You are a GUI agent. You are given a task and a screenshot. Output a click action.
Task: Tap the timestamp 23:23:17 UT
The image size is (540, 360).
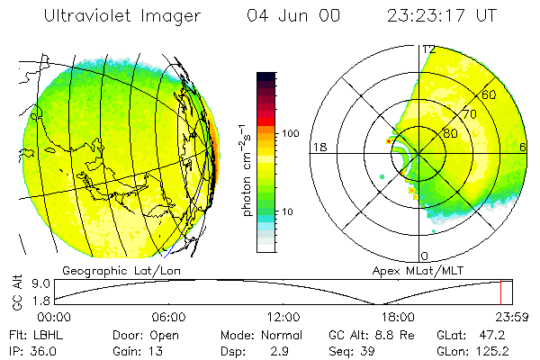pos(442,16)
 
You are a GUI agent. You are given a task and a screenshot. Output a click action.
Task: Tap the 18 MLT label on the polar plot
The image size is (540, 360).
pos(318,147)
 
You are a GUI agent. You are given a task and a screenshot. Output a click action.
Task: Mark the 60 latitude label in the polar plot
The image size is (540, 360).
pos(490,94)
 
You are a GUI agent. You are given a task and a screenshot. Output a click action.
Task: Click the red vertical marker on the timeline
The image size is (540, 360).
pos(500,292)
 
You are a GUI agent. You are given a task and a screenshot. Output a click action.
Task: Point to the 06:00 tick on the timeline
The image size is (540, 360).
pos(169,317)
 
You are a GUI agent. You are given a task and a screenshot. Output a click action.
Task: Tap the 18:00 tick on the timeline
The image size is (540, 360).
pos(398,317)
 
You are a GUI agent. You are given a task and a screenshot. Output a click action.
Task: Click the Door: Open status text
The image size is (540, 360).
pos(143,334)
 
